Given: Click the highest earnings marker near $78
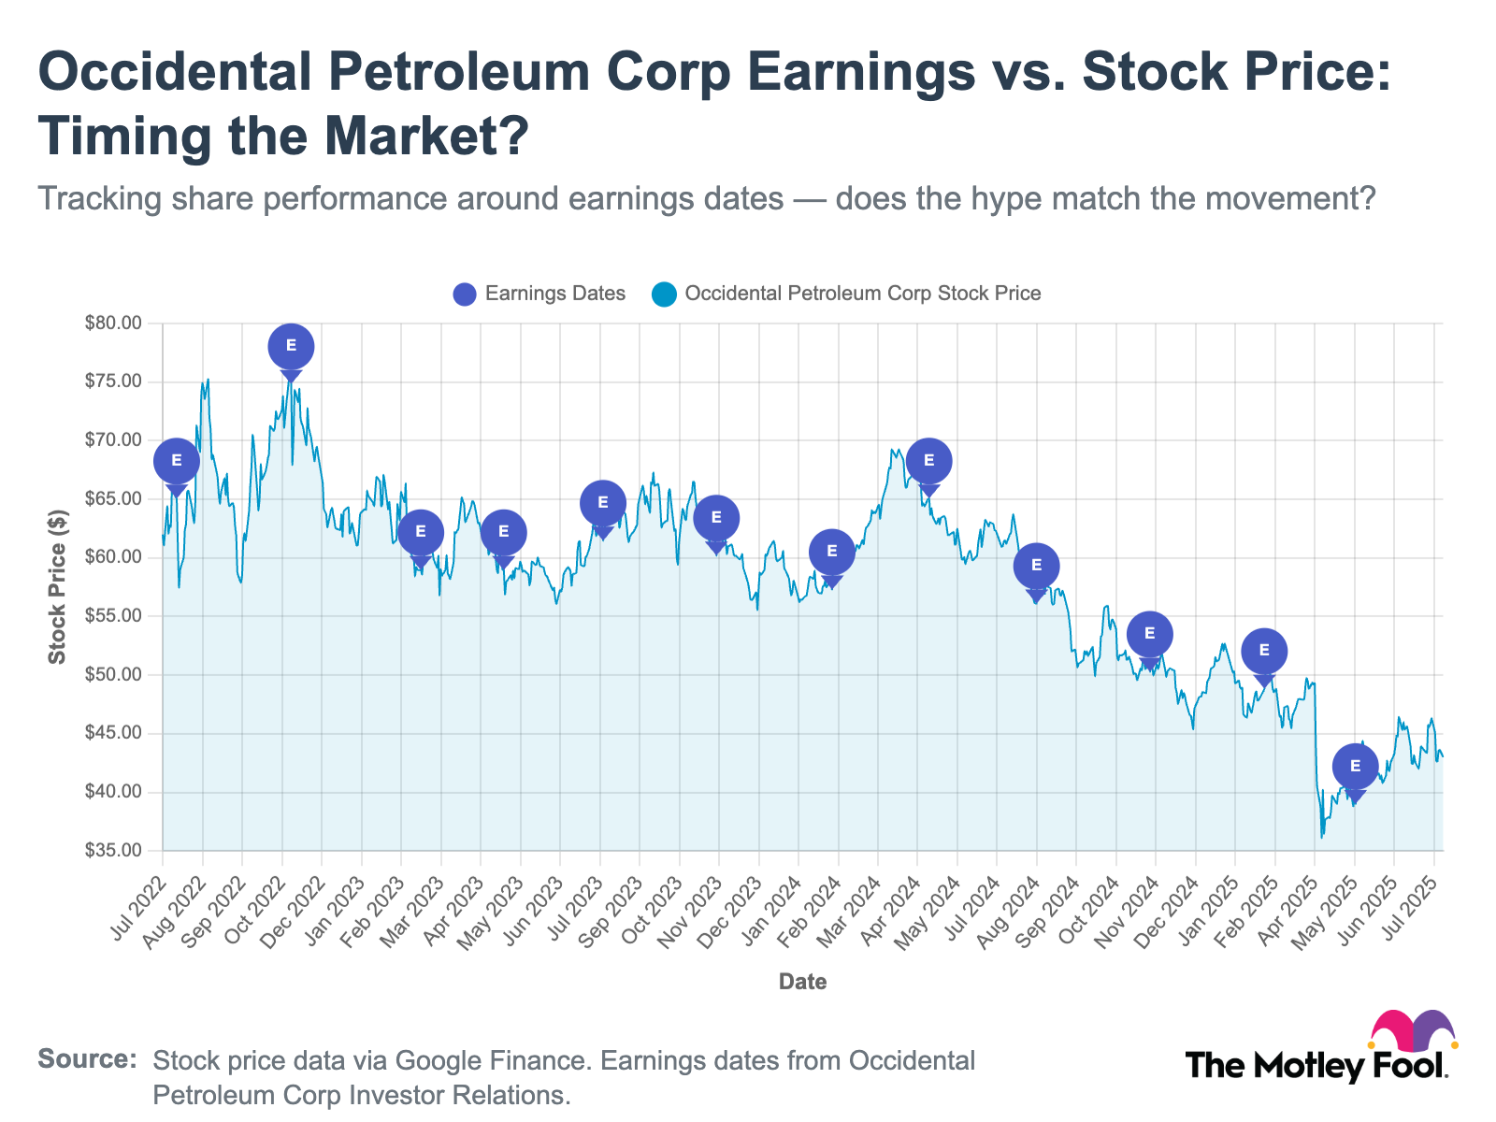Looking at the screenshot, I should coord(291,347).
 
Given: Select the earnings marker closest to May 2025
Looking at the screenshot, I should coord(1355,767).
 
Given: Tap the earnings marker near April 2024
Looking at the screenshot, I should coord(928,460).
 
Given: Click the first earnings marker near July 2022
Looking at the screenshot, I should coord(177,460).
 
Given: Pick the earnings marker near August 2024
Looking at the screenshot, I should coord(1036,566).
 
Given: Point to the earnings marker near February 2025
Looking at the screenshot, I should coord(1264,651).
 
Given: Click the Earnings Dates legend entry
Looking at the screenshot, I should coord(539,294).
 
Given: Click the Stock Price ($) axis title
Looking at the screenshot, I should coord(58,587).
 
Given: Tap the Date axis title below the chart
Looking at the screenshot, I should coord(802,982).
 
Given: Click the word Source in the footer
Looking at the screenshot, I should coord(86,1059).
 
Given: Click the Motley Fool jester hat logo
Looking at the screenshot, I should coord(1412,1030).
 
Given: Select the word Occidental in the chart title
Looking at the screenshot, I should coord(174,72).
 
